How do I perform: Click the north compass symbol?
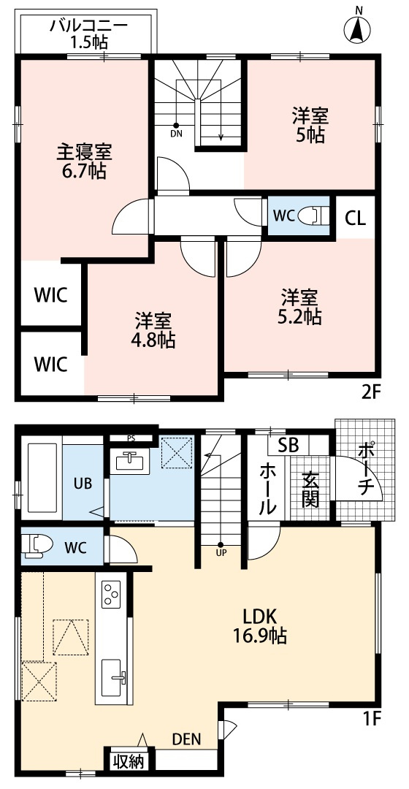(358, 28)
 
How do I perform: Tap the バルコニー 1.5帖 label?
(88, 34)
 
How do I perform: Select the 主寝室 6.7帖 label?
(84, 162)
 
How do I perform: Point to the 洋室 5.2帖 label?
(301, 307)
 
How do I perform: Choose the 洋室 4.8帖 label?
(153, 330)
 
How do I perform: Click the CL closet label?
(356, 217)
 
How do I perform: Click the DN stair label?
(176, 134)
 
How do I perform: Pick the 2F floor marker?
(371, 392)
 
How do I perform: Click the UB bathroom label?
(82, 483)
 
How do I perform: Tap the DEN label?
(186, 739)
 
